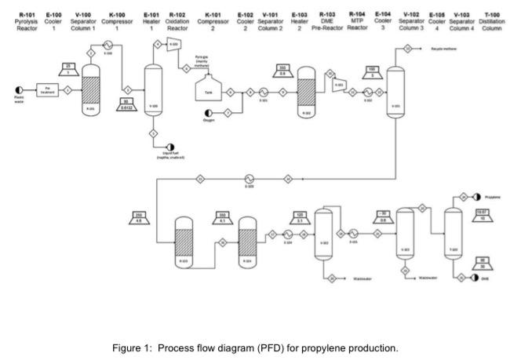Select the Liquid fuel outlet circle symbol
pyautogui.click(x=170, y=146)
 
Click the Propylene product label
pyautogui.click(x=493, y=196)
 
